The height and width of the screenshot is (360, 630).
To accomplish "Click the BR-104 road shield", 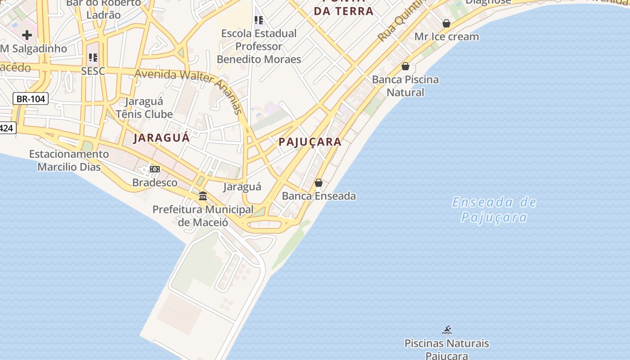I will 31,99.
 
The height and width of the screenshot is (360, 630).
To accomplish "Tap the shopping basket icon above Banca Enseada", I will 319,183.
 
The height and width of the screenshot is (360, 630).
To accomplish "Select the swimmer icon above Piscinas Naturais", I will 446,330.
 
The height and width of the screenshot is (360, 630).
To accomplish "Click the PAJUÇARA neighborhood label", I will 310,142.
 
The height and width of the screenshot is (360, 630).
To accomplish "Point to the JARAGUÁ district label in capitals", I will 161,138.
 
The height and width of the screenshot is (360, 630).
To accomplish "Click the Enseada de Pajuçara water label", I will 494,210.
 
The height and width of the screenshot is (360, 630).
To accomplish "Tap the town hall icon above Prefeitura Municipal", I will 203,196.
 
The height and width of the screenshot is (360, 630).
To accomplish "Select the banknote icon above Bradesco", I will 155,169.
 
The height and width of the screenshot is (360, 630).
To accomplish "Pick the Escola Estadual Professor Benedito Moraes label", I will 259,46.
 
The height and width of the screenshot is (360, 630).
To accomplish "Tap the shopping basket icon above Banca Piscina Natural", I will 405,67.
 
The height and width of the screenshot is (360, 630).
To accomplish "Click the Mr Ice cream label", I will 446,37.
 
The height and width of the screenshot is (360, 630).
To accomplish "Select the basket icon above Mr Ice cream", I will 446,23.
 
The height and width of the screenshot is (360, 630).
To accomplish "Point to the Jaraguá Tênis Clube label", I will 144,108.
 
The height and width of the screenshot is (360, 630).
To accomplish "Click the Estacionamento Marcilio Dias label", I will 69,160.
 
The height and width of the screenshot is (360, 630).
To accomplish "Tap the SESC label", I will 93,71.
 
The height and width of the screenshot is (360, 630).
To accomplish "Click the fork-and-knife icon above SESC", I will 93,57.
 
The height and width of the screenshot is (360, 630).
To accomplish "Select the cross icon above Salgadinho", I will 27,35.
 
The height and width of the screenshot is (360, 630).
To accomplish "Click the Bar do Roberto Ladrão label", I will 103,9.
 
